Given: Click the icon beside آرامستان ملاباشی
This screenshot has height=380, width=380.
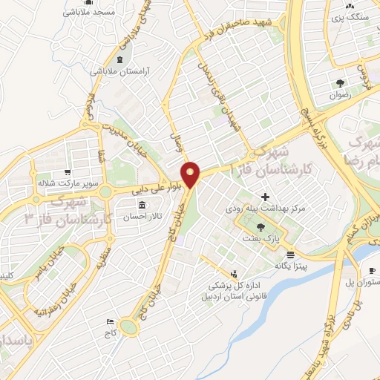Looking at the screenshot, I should pos(120,59).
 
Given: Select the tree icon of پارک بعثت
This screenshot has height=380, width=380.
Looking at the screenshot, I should pos(259,226).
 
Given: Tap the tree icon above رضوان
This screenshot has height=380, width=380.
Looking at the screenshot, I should pos(340,82).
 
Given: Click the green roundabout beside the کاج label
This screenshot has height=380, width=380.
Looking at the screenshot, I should pos(130,326).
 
